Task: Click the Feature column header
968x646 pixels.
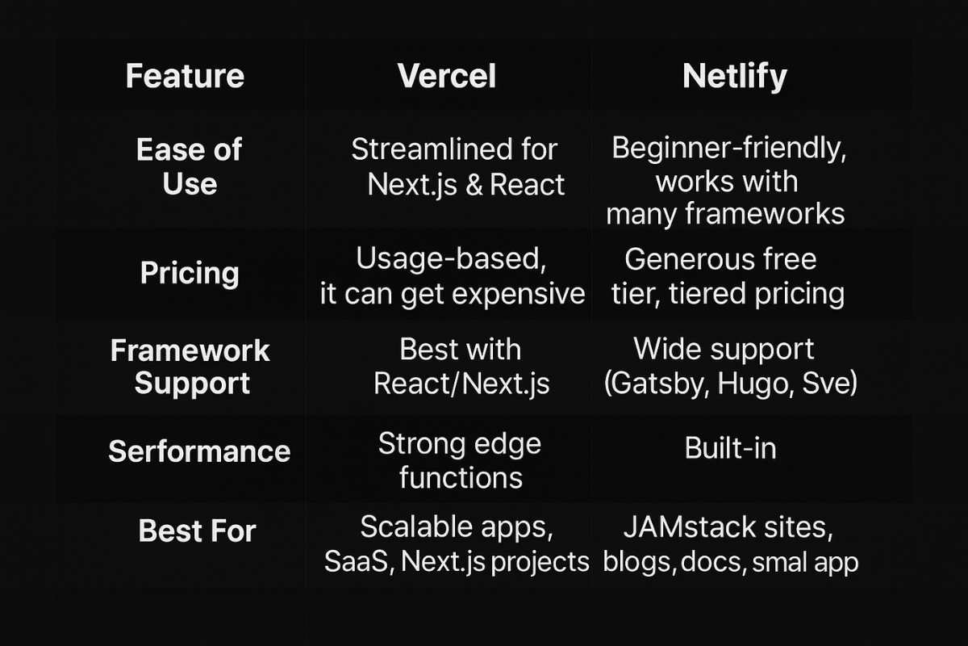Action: click(x=185, y=77)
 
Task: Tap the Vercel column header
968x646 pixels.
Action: click(x=447, y=77)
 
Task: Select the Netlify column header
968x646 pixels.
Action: click(x=734, y=77)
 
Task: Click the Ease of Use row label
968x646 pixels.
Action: click(x=190, y=166)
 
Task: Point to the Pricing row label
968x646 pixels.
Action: click(x=190, y=273)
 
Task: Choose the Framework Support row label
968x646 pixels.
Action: click(x=190, y=366)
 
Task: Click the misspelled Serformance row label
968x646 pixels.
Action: click(x=199, y=451)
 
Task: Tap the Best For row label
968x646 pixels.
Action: click(x=197, y=531)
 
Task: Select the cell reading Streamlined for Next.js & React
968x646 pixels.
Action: click(x=457, y=166)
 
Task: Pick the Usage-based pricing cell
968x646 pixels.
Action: click(x=452, y=276)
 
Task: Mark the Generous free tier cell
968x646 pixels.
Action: click(x=727, y=276)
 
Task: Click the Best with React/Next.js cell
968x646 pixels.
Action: click(x=461, y=366)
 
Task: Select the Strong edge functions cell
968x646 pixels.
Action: click(x=460, y=460)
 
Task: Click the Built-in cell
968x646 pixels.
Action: click(x=730, y=448)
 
